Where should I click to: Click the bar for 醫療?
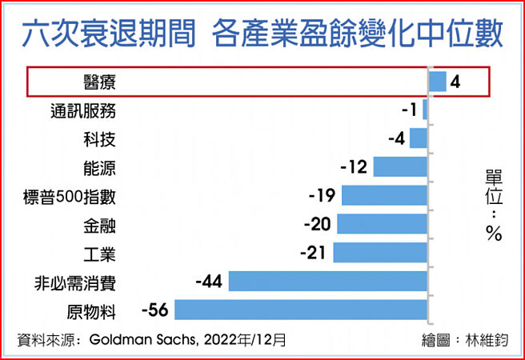coord(437,82)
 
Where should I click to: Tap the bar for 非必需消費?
coord(328,282)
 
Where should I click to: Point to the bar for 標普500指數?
coord(385,196)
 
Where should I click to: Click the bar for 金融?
coord(383,224)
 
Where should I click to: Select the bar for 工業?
coord(380,253)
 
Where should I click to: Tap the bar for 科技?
coord(419,138)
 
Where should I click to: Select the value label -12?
coord(353,167)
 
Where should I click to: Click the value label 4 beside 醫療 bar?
coord(455,82)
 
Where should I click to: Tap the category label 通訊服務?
coord(82,110)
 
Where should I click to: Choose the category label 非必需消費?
coord(76,282)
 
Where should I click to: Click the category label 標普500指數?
coord(70,196)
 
